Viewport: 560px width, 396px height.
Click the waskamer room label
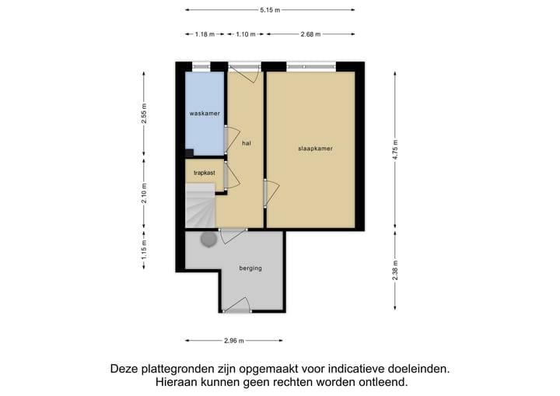pyautogui.click(x=205, y=114)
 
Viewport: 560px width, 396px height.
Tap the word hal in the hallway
pyautogui.click(x=246, y=143)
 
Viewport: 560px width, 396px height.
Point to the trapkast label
pyautogui.click(x=204, y=173)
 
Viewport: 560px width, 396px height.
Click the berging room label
pyautogui.click(x=250, y=268)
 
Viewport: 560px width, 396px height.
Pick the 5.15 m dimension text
pyautogui.click(x=270, y=10)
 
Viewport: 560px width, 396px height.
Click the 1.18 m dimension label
pyautogui.click(x=205, y=34)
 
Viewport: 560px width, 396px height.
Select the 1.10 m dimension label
pyautogui.click(x=246, y=34)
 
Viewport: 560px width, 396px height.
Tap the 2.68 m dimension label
pyautogui.click(x=310, y=34)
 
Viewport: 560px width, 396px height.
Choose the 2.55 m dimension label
pyautogui.click(x=144, y=114)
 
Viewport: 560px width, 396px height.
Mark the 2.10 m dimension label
pyautogui.click(x=144, y=192)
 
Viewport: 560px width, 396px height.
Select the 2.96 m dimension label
pyautogui.click(x=234, y=340)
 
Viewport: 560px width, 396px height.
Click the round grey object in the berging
pyautogui.click(x=208, y=240)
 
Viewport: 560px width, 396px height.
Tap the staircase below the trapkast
pyautogui.click(x=201, y=206)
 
